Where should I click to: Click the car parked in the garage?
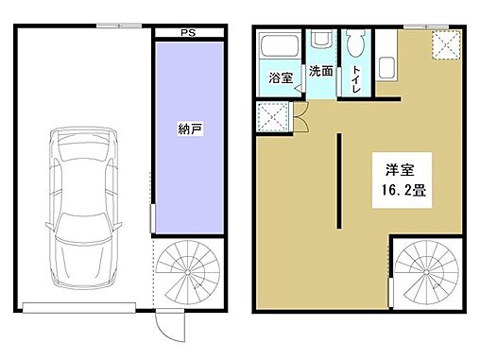[x=84, y=205]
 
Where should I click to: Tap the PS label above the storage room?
[x=189, y=34]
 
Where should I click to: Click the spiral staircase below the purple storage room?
[x=188, y=271]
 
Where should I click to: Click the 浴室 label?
[x=280, y=76]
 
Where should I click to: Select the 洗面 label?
[x=320, y=71]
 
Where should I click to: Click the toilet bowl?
[x=355, y=47]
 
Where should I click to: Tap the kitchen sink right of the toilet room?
[x=386, y=69]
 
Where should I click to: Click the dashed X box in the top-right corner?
[x=444, y=43]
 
